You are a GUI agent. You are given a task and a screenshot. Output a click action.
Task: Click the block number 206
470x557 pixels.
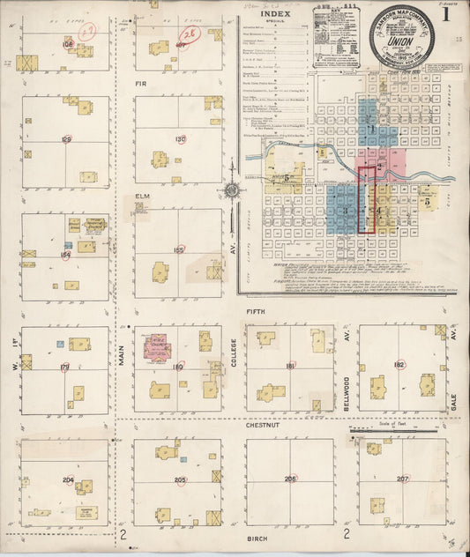(291, 479)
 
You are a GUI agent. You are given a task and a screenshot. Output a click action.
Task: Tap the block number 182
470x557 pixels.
(399, 364)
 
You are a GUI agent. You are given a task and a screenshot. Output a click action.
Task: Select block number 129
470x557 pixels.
(66, 139)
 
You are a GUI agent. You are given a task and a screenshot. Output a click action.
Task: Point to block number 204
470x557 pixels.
(68, 479)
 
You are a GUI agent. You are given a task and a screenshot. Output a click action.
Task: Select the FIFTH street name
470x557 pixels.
(257, 312)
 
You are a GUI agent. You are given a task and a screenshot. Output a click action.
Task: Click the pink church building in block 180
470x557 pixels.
(157, 346)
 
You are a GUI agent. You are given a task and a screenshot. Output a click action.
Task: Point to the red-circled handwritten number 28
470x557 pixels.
(190, 33)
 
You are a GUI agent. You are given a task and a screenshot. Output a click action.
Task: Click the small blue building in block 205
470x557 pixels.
(183, 459)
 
